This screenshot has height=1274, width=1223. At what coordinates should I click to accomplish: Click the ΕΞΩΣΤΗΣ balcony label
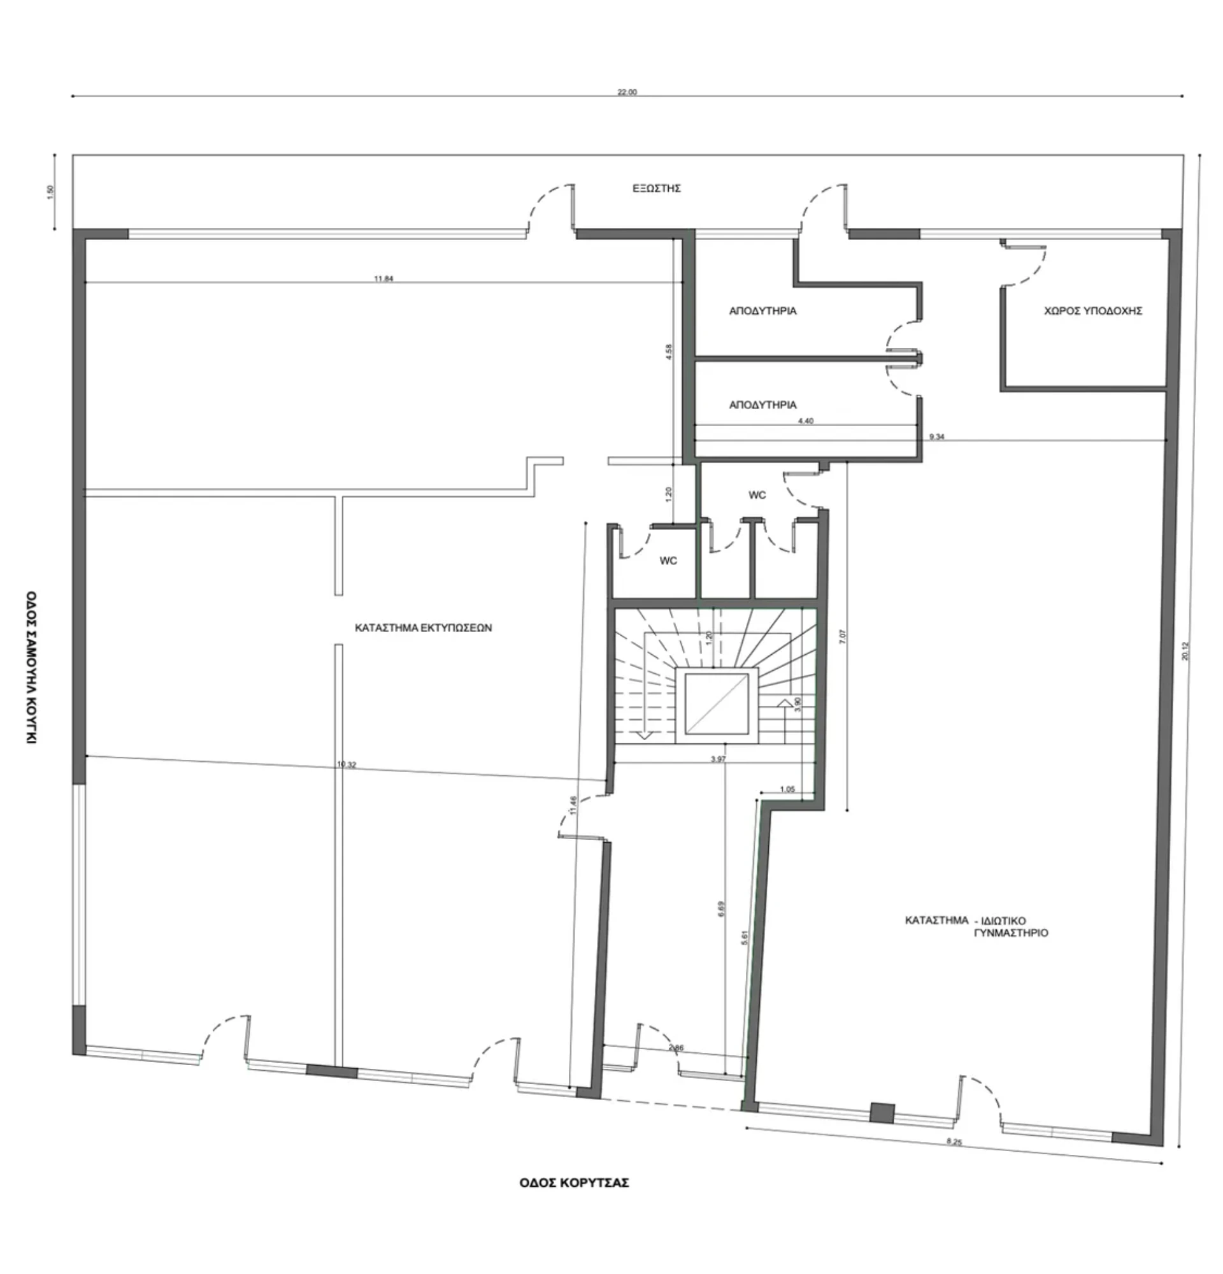pyautogui.click(x=656, y=189)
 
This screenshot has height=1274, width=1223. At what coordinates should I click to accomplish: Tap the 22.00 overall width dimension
pyautogui.click(x=627, y=92)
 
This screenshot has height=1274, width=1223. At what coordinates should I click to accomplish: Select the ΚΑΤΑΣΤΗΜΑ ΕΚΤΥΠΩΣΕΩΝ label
pyautogui.click(x=423, y=628)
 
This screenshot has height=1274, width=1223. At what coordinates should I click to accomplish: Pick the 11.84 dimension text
pyautogui.click(x=383, y=279)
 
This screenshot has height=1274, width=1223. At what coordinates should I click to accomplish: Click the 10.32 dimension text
pyautogui.click(x=347, y=764)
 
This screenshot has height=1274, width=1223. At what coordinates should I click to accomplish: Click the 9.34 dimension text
pyautogui.click(x=936, y=437)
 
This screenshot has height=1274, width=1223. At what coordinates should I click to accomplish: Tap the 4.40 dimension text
pyautogui.click(x=805, y=420)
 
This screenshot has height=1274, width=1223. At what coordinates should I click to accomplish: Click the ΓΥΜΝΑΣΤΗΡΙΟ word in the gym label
pyautogui.click(x=1011, y=933)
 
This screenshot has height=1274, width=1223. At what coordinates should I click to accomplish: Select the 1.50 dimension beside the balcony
pyautogui.click(x=51, y=192)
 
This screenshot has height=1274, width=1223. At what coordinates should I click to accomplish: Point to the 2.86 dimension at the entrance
pyautogui.click(x=676, y=1048)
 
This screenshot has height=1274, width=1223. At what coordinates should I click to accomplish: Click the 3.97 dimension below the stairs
pyautogui.click(x=718, y=759)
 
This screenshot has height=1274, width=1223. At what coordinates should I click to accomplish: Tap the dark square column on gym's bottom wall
pyautogui.click(x=882, y=1113)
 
